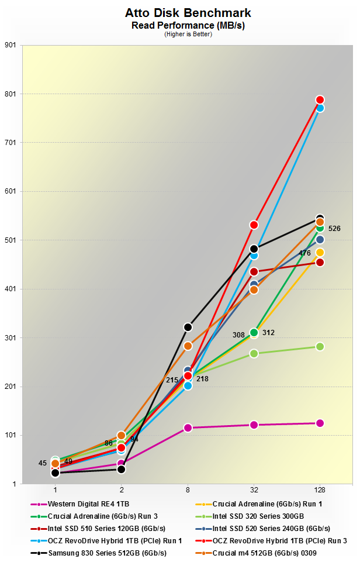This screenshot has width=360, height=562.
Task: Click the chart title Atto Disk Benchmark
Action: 179,12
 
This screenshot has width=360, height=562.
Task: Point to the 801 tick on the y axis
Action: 11,94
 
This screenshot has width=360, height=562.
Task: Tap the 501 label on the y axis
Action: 11,240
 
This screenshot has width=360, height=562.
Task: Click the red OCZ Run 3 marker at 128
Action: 320,100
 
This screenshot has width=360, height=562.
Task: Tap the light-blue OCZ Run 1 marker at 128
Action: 320,108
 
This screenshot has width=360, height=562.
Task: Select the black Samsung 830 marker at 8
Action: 188,327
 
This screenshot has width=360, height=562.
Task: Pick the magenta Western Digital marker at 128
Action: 320,423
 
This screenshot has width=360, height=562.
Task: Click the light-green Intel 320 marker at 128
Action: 320,347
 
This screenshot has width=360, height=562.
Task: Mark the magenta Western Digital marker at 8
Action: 188,427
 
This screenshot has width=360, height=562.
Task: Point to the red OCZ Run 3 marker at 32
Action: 254,225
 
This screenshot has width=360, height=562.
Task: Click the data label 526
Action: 334,229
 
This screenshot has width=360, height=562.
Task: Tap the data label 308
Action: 239,335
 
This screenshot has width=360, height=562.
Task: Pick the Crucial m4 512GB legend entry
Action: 266,553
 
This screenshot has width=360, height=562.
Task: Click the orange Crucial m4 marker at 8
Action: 188,346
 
